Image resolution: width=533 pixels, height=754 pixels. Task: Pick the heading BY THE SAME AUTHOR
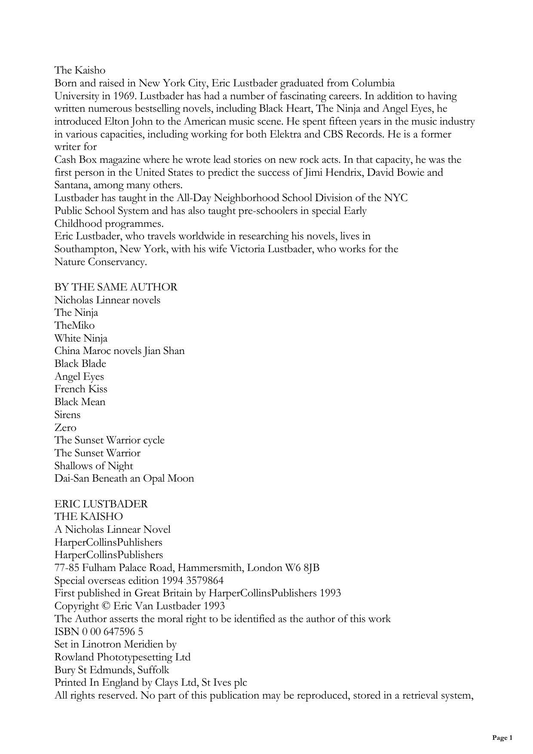116,287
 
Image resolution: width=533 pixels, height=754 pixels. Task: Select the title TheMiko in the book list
74,326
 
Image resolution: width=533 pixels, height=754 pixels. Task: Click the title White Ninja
81,339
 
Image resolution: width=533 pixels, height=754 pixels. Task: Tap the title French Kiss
81,389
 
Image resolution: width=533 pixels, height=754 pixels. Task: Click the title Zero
65,427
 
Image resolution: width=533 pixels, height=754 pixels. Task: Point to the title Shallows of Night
94,466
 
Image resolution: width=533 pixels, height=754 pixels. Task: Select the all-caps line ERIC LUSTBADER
101,504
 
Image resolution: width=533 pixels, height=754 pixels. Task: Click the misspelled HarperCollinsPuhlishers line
108,543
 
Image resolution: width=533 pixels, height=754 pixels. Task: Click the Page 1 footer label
502,738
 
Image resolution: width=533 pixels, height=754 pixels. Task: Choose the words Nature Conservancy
101,262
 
